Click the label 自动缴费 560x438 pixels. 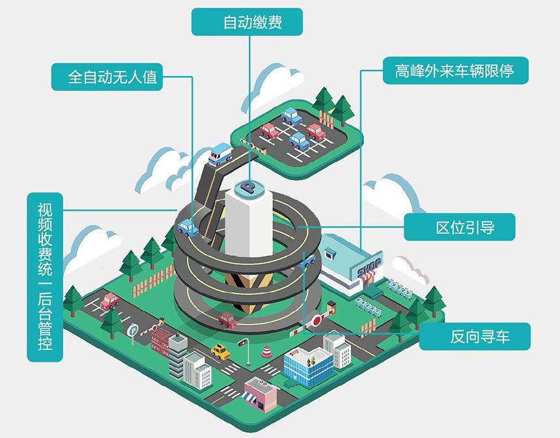[247, 22]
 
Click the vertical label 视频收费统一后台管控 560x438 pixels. [44, 277]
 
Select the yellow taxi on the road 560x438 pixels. [221, 351]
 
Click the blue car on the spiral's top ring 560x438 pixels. [188, 227]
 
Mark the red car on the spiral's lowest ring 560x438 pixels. [227, 320]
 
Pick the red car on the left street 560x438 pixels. [109, 301]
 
